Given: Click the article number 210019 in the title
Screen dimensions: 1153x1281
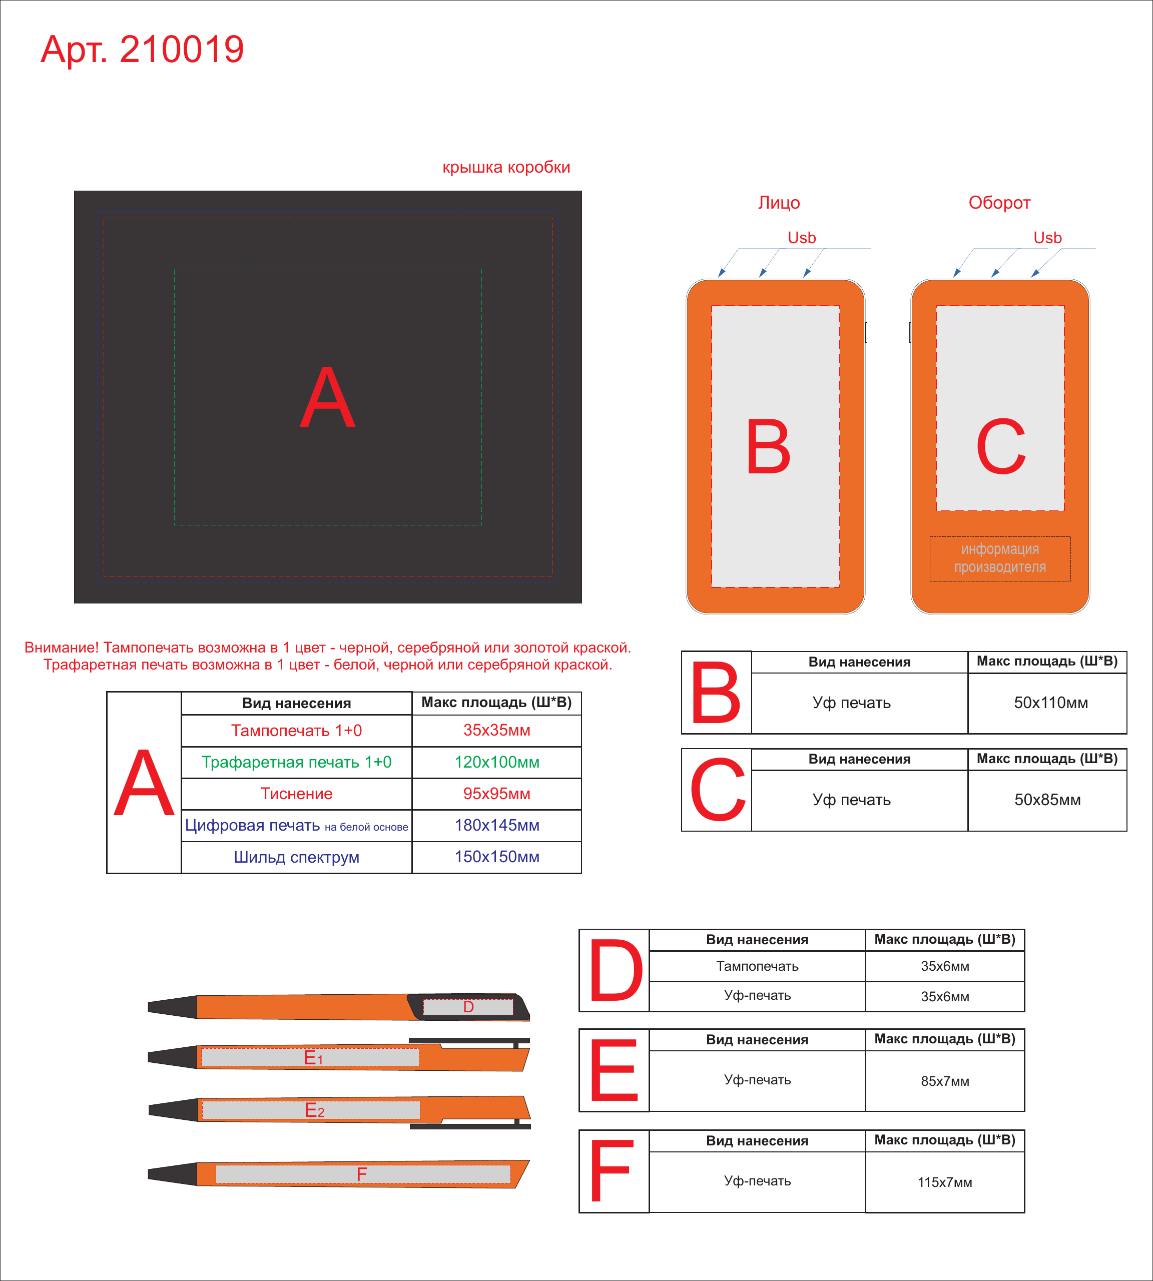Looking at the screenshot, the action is (x=182, y=50).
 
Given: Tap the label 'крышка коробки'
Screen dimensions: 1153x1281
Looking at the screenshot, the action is (x=506, y=167).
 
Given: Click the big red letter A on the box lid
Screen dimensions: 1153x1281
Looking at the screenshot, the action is (x=327, y=397).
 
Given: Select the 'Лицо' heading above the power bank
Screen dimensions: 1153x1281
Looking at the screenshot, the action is (x=779, y=203).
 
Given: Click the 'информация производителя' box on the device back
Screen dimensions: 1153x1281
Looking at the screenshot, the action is (x=1000, y=558).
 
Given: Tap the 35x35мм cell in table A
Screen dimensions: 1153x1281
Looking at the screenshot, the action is (x=496, y=731).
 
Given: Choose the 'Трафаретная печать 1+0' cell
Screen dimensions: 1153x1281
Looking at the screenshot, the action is (x=296, y=762).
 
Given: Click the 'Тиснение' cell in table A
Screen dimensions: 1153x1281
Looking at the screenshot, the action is (x=296, y=794).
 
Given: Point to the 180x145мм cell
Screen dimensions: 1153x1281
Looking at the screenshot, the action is (x=496, y=826).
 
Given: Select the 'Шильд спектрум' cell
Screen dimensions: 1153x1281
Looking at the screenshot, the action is (x=296, y=857).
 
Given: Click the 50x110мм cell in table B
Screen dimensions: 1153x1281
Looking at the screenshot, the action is (x=1050, y=703).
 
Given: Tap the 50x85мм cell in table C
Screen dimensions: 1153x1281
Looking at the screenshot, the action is (x=1047, y=800).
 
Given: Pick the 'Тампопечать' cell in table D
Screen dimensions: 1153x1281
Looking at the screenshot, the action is (x=757, y=966).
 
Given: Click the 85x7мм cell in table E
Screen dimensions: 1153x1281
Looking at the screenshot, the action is (x=945, y=1081).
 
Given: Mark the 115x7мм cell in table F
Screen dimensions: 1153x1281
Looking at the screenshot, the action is (x=945, y=1182).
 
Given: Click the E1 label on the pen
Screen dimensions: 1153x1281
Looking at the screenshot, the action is (x=313, y=1057).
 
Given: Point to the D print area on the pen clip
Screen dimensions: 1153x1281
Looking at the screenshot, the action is (x=468, y=1007).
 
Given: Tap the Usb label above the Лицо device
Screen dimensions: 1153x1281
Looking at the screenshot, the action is (x=801, y=238).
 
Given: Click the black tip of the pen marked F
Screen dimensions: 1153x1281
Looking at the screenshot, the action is (x=172, y=1174).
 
